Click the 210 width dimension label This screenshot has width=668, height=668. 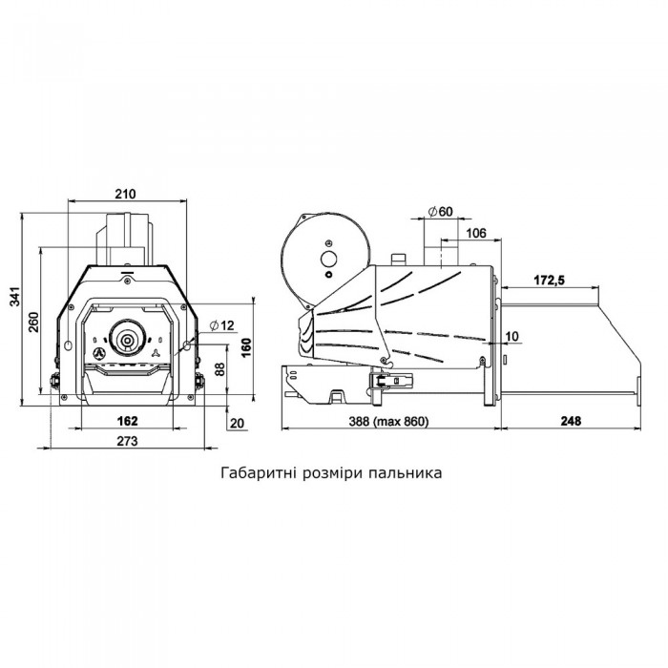click(125, 194)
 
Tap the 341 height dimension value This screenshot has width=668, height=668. click(15, 297)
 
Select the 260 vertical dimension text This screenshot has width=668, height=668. click(33, 323)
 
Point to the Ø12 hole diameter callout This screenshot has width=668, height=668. click(222, 325)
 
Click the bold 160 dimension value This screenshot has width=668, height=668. click(246, 348)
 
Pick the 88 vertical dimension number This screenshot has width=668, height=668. click(219, 369)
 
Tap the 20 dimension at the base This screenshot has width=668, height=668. click(238, 423)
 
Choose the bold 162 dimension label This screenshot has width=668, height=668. click(127, 421)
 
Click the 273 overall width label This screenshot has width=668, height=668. click(127, 441)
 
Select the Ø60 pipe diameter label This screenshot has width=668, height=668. click(441, 211)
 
